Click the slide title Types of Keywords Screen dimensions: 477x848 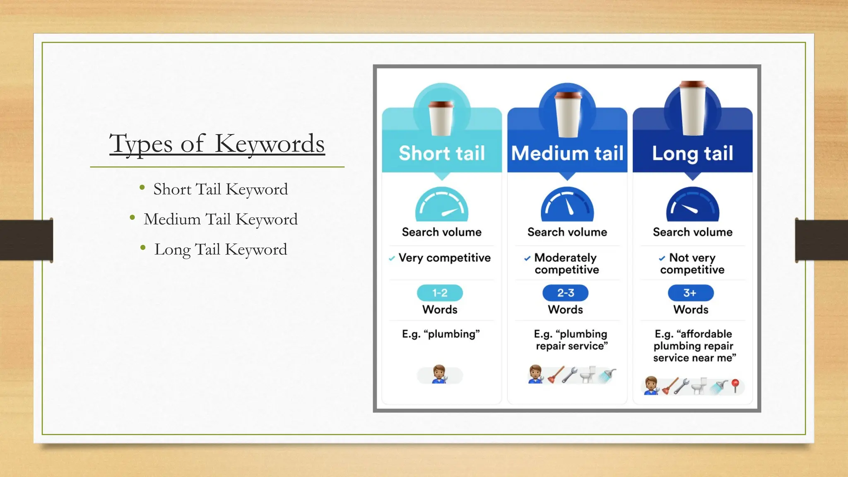pos(217,144)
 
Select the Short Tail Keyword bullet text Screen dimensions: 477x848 pos(220,189)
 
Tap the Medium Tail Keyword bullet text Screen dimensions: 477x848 pos(220,219)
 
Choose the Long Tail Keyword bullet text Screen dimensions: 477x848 pos(220,249)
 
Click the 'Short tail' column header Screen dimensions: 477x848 pos(442,153)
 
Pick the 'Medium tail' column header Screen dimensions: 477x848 pos(567,153)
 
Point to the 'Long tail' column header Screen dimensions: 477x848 pos(693,153)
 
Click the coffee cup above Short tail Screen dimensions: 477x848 pos(441,118)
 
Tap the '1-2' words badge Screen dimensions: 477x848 pos(440,293)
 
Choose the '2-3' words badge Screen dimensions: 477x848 pos(566,293)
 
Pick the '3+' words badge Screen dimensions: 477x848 pos(691,293)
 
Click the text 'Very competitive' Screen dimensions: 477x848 pos(444,258)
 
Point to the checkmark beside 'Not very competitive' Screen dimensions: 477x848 pos(662,258)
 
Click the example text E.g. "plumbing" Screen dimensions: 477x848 pos(441,334)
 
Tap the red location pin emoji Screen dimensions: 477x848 pos(735,385)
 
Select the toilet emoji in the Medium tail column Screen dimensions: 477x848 pos(588,374)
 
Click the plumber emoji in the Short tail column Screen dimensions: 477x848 pos(439,374)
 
